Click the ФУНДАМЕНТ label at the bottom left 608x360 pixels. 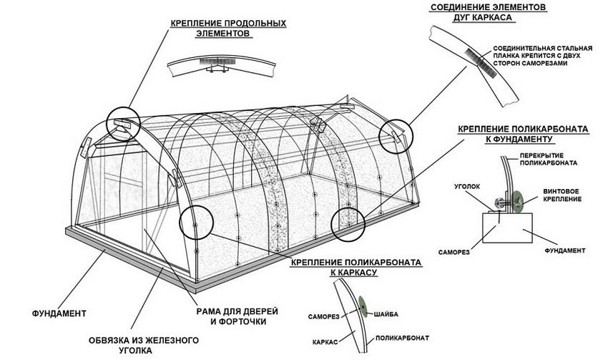coord(60,313)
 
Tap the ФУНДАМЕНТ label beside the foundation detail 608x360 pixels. coord(565,251)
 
